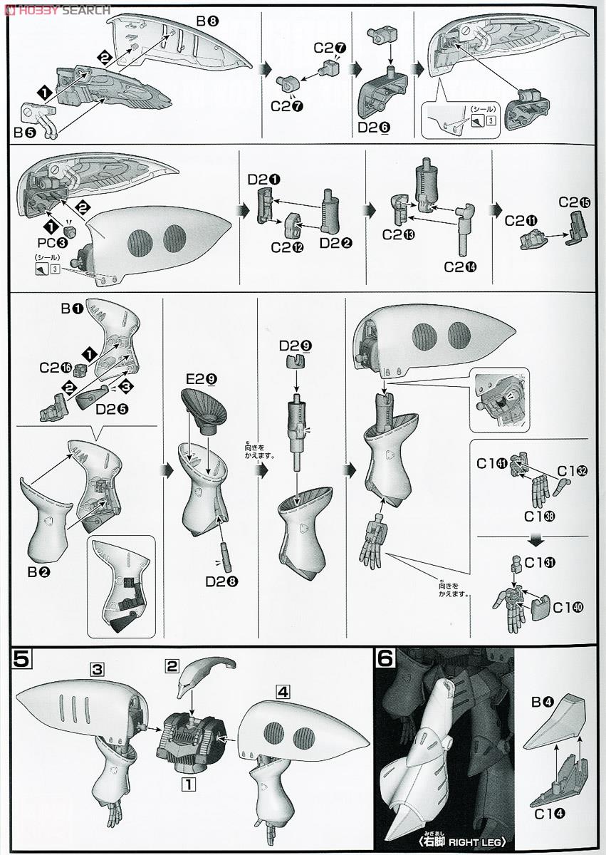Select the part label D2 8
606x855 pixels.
click(x=221, y=581)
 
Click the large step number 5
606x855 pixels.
click(x=22, y=660)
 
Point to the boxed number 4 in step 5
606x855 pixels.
click(x=283, y=690)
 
